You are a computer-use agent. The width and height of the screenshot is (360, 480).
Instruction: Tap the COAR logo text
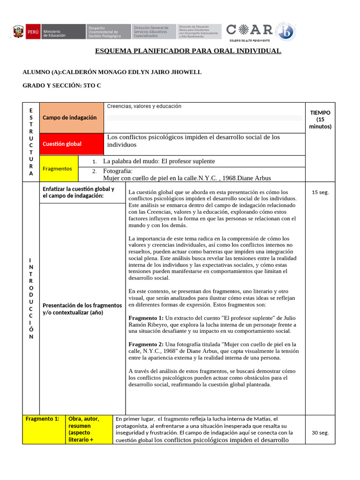point(249,30)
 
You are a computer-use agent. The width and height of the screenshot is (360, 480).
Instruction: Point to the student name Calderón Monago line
point(112,72)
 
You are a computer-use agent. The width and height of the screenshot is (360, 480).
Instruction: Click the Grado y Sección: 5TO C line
point(62,85)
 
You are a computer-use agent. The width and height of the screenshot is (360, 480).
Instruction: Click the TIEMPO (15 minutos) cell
point(320,120)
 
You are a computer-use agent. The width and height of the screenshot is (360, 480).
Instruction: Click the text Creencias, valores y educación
point(144,106)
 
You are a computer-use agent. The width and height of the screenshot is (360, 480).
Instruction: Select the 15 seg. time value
point(320,192)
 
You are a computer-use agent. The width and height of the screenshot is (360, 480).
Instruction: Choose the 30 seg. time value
point(320,433)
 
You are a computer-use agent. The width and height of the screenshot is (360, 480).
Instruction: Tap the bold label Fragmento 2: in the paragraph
point(146,344)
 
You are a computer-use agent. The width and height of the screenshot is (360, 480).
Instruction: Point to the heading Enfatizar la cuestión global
point(78,192)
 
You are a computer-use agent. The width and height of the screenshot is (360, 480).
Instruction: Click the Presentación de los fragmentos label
point(82,309)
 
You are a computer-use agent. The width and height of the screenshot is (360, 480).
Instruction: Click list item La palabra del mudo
point(159,161)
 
